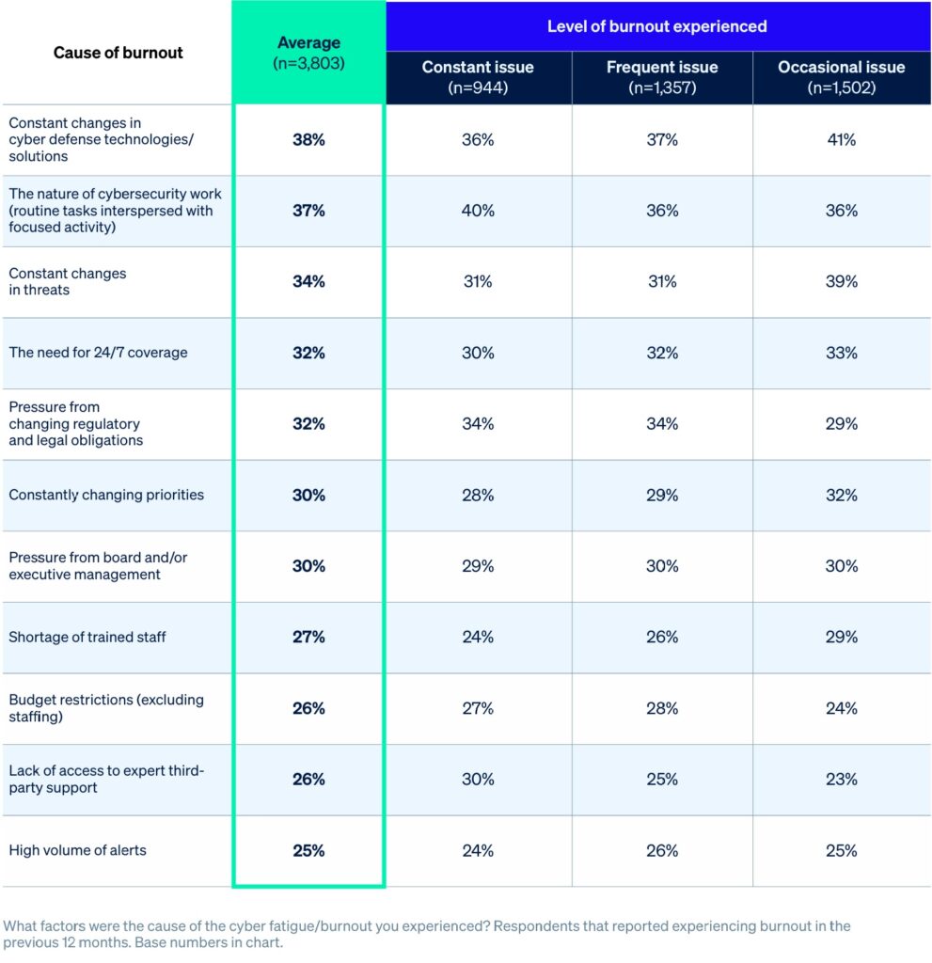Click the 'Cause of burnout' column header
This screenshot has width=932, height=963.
coord(118,53)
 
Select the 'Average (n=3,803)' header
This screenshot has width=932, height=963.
coord(308,53)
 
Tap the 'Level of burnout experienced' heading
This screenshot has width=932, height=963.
coord(657,26)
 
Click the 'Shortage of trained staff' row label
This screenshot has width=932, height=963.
coord(87,637)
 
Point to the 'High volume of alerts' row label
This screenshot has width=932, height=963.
coord(78,850)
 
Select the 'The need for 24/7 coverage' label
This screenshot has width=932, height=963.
coord(99,353)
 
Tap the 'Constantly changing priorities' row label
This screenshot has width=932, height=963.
coord(106,495)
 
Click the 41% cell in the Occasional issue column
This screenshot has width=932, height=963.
coord(841,139)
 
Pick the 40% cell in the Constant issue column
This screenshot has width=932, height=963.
coord(478,211)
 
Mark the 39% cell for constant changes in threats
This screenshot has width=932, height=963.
coord(841,281)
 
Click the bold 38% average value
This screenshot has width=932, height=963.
coord(308,139)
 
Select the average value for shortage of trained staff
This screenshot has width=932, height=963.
coord(308,637)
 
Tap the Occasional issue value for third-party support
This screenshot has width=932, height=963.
coord(841,779)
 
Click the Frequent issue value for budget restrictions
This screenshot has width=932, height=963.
coord(662,708)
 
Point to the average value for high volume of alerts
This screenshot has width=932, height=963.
coord(308,850)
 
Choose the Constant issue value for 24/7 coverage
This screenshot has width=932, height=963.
coord(478,353)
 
